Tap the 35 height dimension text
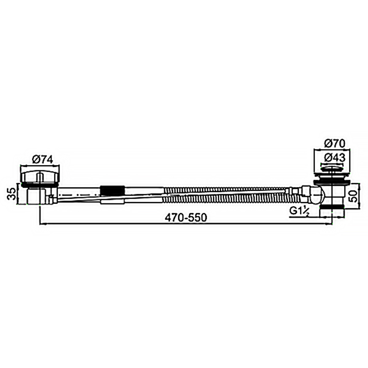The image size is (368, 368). coord(12,193)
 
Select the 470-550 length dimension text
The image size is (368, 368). coord(186,217)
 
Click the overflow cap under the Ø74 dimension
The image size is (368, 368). coord(40,176)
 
